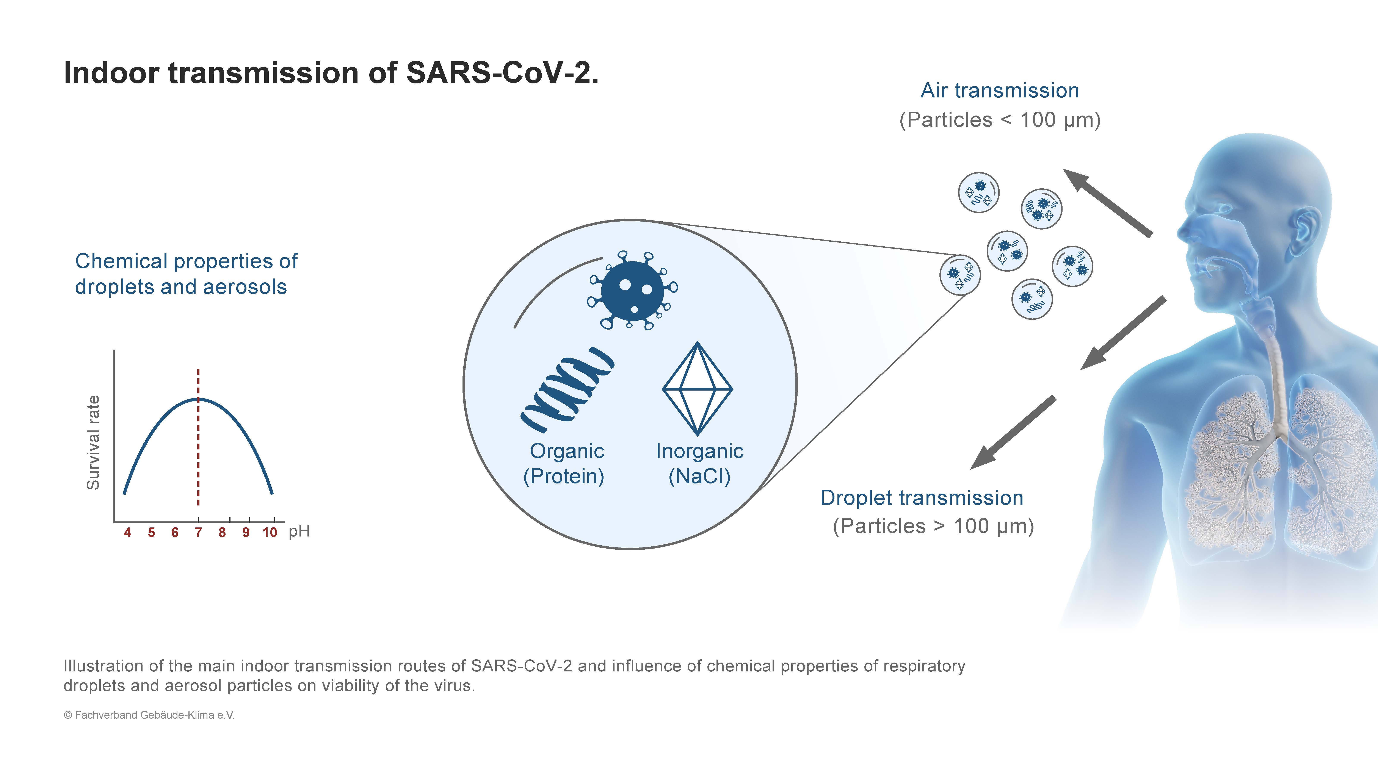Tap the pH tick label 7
[x=198, y=532]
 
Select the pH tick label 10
[x=270, y=532]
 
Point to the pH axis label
[x=299, y=531]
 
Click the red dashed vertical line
[x=198, y=437]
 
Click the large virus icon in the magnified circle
[x=632, y=290]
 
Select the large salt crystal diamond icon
[x=697, y=388]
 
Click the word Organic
[x=567, y=451]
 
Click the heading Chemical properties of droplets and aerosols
[x=186, y=274]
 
